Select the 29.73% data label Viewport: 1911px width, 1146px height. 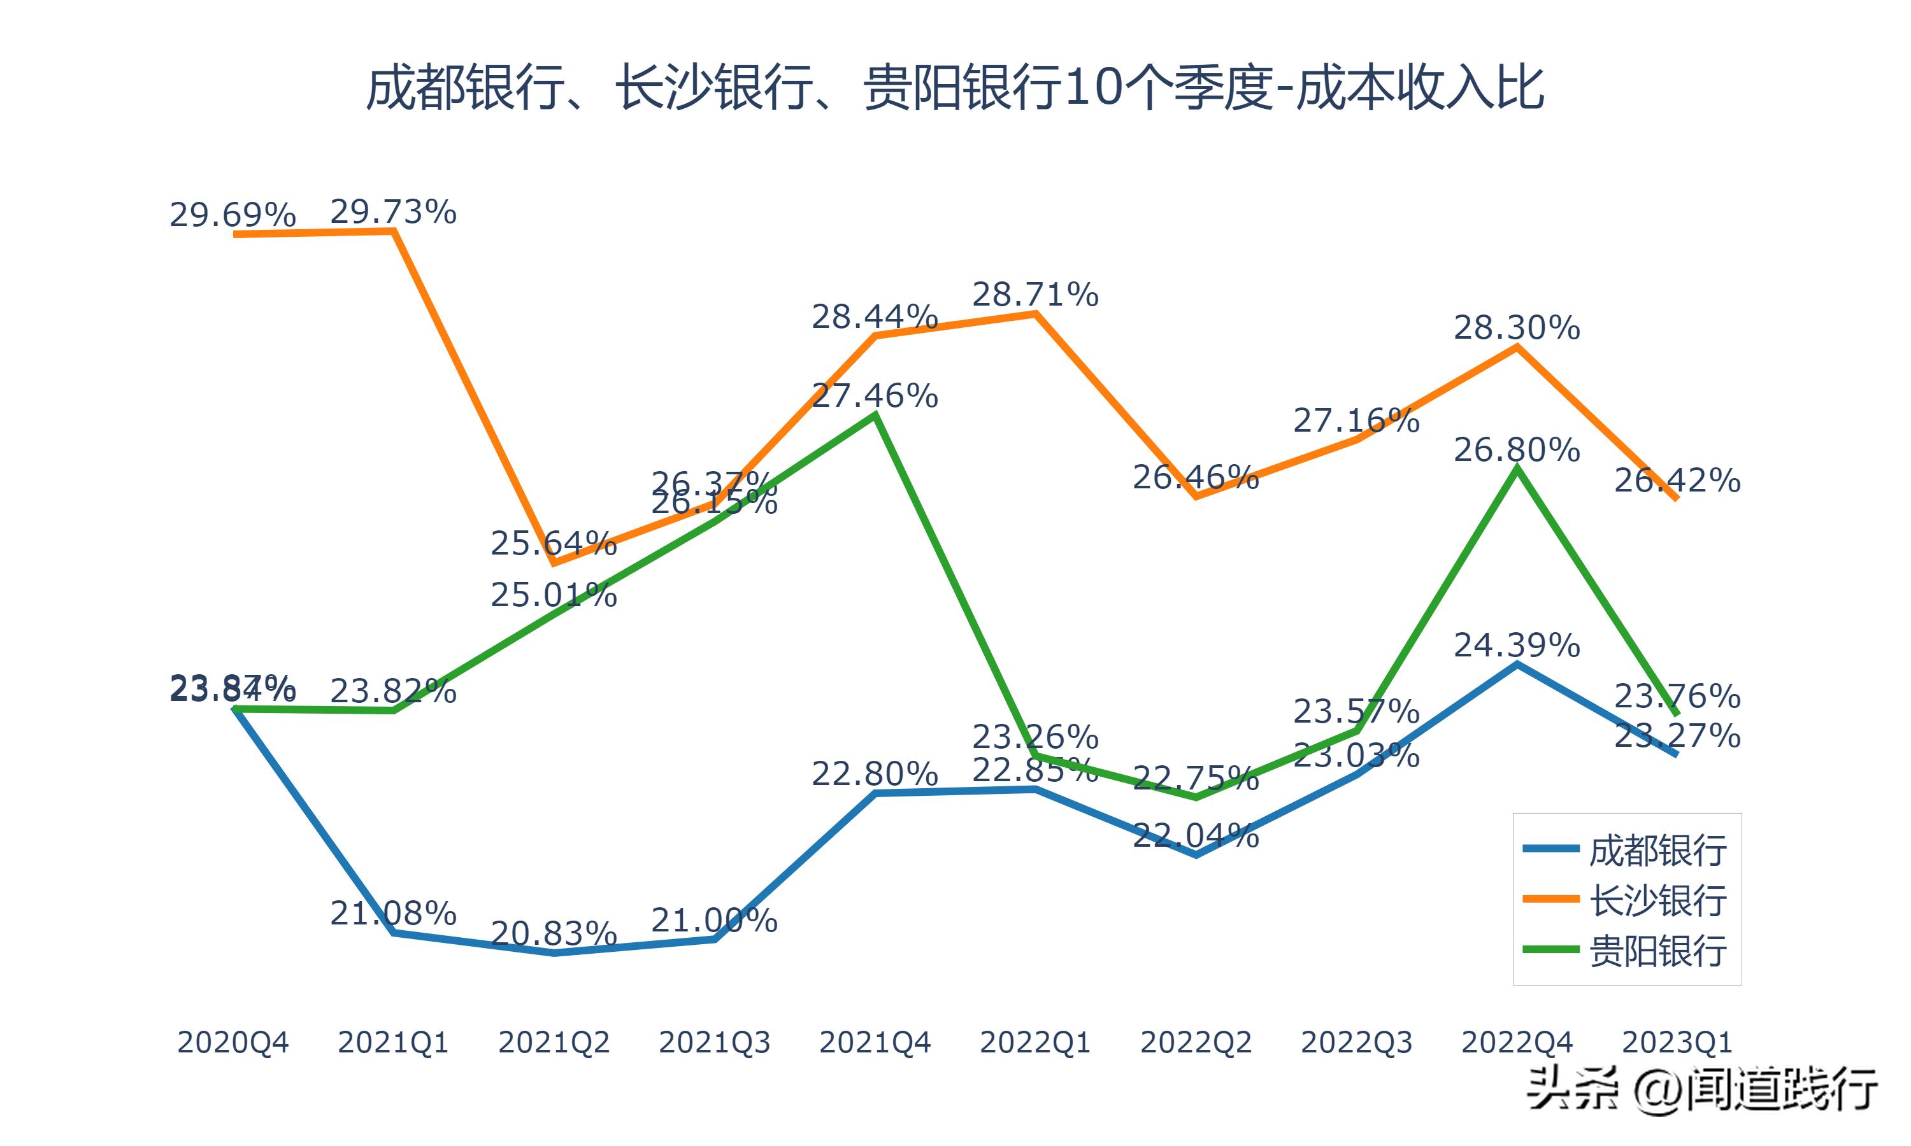pyautogui.click(x=393, y=211)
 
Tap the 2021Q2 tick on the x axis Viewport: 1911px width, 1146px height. pyautogui.click(x=554, y=1042)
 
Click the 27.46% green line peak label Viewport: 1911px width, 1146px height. pyautogui.click(x=875, y=395)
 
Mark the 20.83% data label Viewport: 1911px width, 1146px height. pyautogui.click(x=554, y=933)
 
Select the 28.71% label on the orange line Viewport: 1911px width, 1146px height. pyautogui.click(x=1035, y=294)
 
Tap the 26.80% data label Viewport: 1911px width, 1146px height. pyautogui.click(x=1517, y=449)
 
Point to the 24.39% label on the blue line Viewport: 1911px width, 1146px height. pyautogui.click(x=1517, y=645)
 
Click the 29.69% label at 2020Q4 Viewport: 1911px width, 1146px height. pyautogui.click(x=233, y=215)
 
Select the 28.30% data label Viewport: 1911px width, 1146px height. pyautogui.click(x=1517, y=328)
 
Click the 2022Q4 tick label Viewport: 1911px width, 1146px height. pyautogui.click(x=1517, y=1042)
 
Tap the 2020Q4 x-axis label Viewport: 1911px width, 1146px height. pyautogui.click(x=233, y=1042)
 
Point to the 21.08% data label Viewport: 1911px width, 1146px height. pyautogui.click(x=393, y=914)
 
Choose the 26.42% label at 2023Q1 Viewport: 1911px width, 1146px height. pyautogui.click(x=1677, y=480)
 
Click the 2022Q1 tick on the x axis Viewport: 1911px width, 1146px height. pyautogui.click(x=1035, y=1042)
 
